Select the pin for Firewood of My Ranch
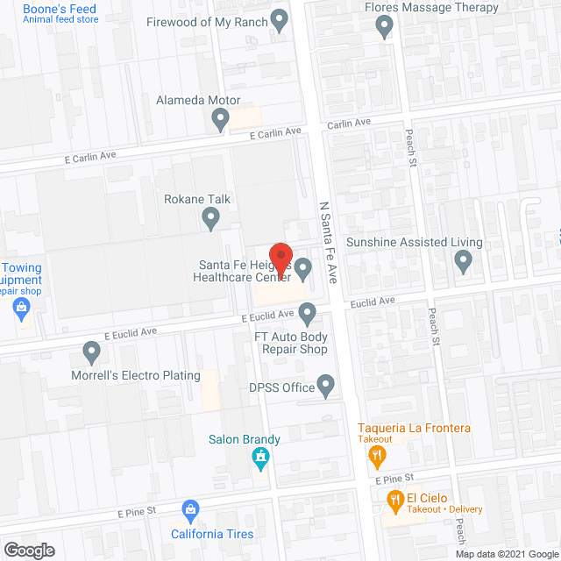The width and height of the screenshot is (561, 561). click(x=280, y=18)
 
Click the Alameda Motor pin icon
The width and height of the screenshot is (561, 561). click(x=221, y=117)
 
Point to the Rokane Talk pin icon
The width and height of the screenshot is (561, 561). click(x=210, y=217)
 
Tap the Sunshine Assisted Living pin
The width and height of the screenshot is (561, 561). click(x=464, y=259)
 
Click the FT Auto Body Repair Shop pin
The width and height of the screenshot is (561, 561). click(x=307, y=312)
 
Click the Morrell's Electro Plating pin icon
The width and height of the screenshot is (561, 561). click(x=91, y=353)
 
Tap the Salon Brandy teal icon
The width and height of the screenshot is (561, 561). click(x=260, y=457)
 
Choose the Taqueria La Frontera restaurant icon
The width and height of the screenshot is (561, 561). click(x=377, y=453)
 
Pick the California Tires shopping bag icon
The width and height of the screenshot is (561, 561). click(x=190, y=510)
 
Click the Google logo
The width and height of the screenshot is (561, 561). click(x=28, y=550)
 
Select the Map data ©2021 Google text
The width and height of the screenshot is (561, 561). click(x=506, y=553)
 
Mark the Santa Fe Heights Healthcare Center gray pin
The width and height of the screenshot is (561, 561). click(x=303, y=266)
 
